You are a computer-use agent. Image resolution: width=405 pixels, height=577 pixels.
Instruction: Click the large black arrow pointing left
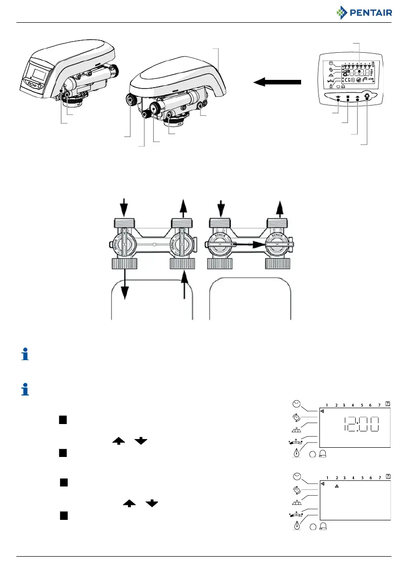(x=277, y=83)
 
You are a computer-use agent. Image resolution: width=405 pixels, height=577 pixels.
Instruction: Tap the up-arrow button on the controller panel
(x=357, y=98)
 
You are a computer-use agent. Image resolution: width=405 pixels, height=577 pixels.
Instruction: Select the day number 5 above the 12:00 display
(x=362, y=405)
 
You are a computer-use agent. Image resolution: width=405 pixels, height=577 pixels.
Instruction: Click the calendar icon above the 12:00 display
(x=388, y=404)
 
